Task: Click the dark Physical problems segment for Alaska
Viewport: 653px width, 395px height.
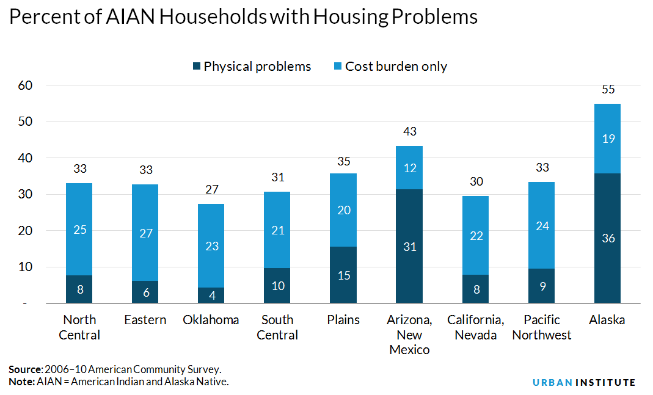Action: pyautogui.click(x=607, y=238)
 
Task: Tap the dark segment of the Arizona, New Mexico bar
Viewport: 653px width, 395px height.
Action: pyautogui.click(x=409, y=246)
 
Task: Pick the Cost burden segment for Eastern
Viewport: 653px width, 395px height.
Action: pyautogui.click(x=145, y=233)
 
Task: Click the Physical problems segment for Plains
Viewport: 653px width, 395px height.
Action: pyautogui.click(x=343, y=275)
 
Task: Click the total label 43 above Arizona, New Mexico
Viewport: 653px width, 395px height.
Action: pyautogui.click(x=409, y=131)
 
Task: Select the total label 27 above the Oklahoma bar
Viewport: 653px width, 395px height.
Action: pyautogui.click(x=211, y=189)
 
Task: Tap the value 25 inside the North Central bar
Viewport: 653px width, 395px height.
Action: pyautogui.click(x=79, y=230)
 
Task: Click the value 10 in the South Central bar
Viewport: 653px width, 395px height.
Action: pyautogui.click(x=277, y=286)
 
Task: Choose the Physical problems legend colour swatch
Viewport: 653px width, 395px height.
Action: pyautogui.click(x=196, y=67)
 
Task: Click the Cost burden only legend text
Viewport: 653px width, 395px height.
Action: pyautogui.click(x=396, y=67)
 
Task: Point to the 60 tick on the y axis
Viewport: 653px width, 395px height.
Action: pyautogui.click(x=25, y=85)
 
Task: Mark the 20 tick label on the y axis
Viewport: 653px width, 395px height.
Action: pyautogui.click(x=25, y=231)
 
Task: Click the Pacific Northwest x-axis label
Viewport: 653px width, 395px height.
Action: pyautogui.click(x=541, y=327)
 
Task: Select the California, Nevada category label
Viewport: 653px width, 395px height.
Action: pyautogui.click(x=475, y=327)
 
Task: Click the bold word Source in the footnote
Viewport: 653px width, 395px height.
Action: pyautogui.click(x=25, y=369)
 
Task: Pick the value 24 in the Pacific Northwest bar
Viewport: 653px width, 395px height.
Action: pyautogui.click(x=541, y=226)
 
